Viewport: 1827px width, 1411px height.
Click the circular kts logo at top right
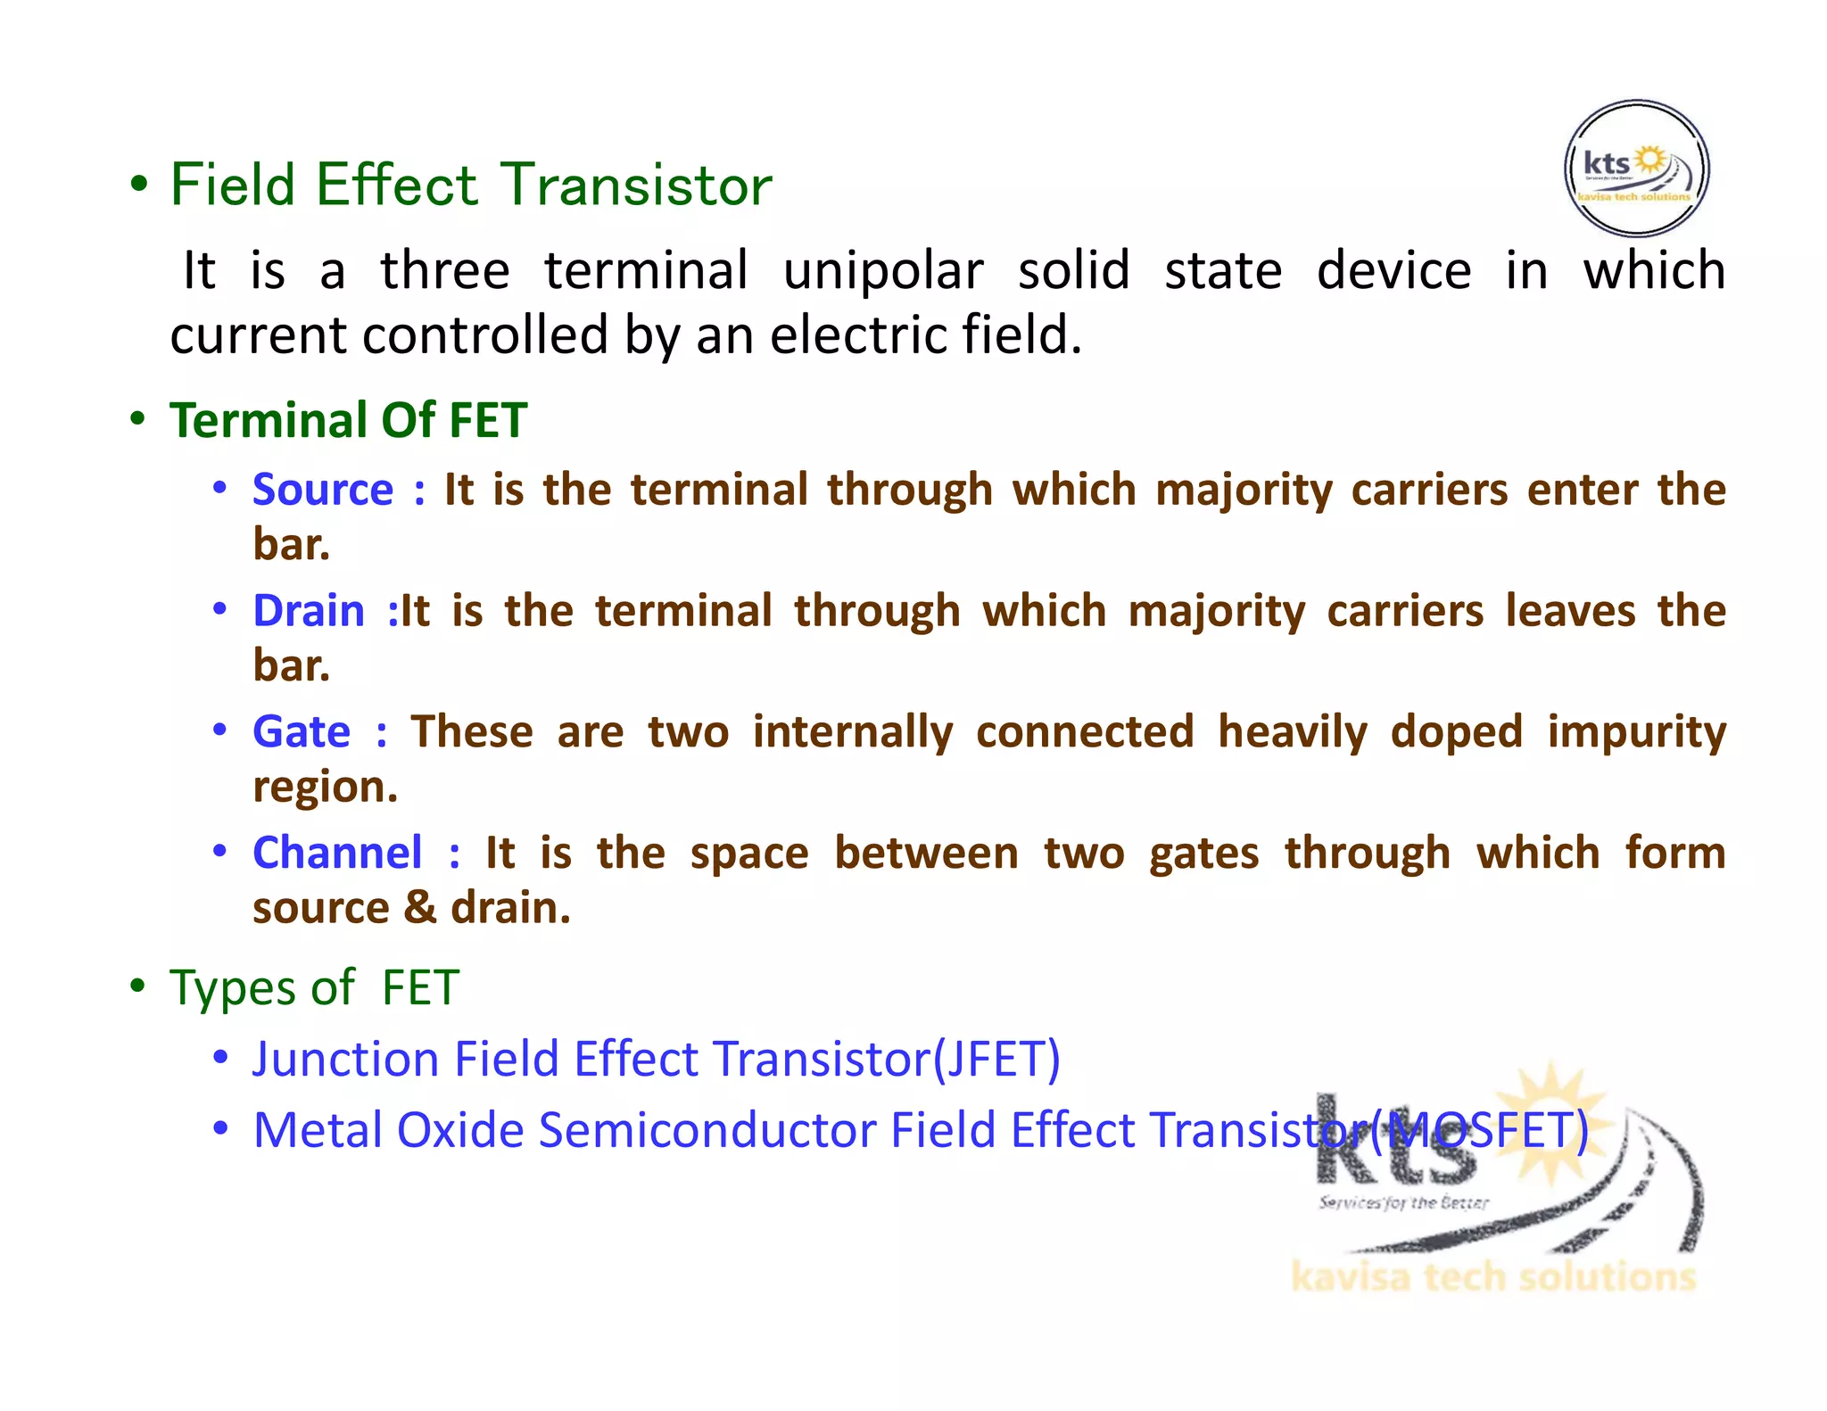tap(1636, 169)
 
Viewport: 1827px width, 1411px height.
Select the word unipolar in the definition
tap(883, 271)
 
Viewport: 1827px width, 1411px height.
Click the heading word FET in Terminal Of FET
tap(488, 420)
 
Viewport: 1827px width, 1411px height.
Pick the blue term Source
tap(323, 490)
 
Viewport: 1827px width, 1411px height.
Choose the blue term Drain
tap(309, 611)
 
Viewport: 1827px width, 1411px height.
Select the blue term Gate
tap(302, 732)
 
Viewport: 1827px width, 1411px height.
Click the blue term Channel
tap(337, 853)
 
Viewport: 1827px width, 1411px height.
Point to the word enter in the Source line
tap(1582, 490)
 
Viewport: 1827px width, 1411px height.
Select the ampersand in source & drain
tap(419, 908)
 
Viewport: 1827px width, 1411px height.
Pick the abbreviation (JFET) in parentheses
tap(996, 1059)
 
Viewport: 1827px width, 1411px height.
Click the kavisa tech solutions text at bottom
tap(1492, 1277)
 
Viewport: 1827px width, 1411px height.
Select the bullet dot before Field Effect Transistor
tap(138, 185)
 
